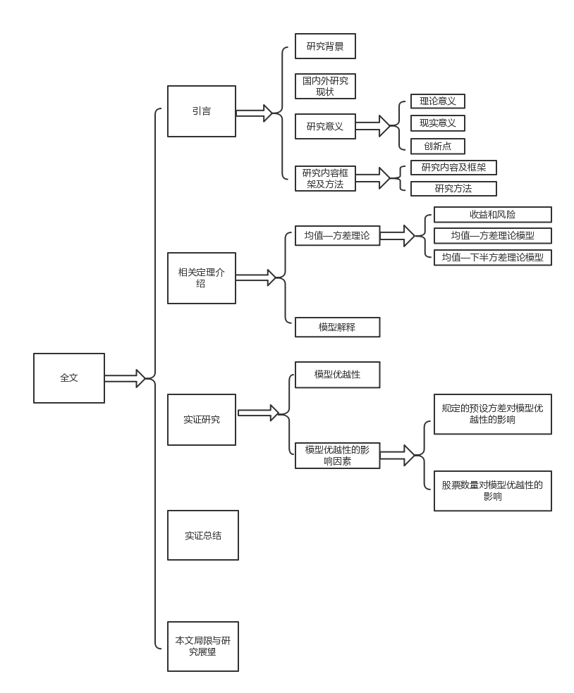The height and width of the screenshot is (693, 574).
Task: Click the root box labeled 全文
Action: (x=69, y=378)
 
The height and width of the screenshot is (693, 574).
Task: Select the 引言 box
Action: (x=202, y=111)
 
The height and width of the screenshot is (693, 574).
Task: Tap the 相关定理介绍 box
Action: (x=202, y=278)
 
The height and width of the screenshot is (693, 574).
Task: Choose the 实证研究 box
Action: (x=202, y=420)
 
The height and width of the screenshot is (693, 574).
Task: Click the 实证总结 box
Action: (x=203, y=535)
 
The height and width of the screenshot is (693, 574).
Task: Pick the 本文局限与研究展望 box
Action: (x=203, y=647)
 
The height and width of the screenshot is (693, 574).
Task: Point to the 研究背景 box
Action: (x=325, y=46)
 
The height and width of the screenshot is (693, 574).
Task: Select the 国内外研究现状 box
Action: (x=325, y=86)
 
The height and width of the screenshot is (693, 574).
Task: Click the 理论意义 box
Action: (x=438, y=101)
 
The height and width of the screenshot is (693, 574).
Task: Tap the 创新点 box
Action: (x=438, y=146)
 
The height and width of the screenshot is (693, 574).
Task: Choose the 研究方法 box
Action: (x=453, y=189)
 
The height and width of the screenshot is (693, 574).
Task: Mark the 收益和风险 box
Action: (x=492, y=215)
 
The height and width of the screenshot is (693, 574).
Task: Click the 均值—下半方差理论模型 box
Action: (x=492, y=257)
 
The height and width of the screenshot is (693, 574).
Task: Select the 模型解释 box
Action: (x=337, y=327)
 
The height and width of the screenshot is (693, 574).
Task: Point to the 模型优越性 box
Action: (x=337, y=375)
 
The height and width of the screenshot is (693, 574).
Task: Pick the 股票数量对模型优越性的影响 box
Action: (x=492, y=491)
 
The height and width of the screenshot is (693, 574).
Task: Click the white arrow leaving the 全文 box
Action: (x=125, y=378)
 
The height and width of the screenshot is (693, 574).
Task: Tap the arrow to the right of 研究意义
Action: (x=373, y=126)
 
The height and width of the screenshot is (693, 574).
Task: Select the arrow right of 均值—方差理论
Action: (x=398, y=236)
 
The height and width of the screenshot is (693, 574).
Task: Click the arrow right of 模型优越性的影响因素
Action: (x=398, y=456)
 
